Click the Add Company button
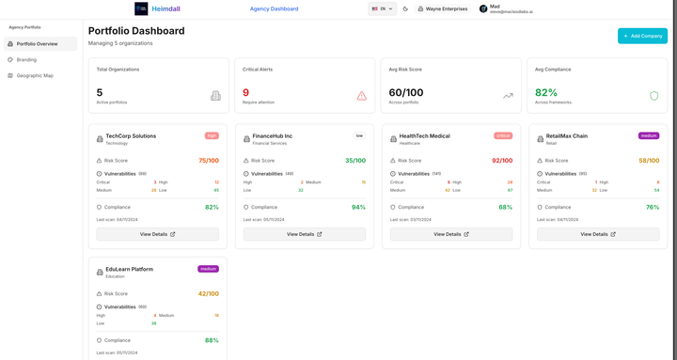click(642, 36)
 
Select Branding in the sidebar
click(26, 59)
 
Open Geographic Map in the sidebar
click(35, 75)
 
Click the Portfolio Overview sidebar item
click(37, 44)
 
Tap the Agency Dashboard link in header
click(274, 9)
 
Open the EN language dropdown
click(382, 9)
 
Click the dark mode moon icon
click(406, 9)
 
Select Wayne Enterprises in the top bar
click(443, 9)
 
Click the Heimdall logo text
click(165, 9)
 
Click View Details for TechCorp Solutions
click(157, 234)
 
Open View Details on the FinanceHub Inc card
click(304, 234)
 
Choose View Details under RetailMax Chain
click(598, 234)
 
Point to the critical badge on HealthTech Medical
click(502, 135)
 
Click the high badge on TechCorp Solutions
click(212, 135)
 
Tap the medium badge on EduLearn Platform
click(208, 269)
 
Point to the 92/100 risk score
click(501, 161)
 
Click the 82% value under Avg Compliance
click(545, 93)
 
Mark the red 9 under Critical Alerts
click(245, 93)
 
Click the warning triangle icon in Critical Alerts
click(361, 96)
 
